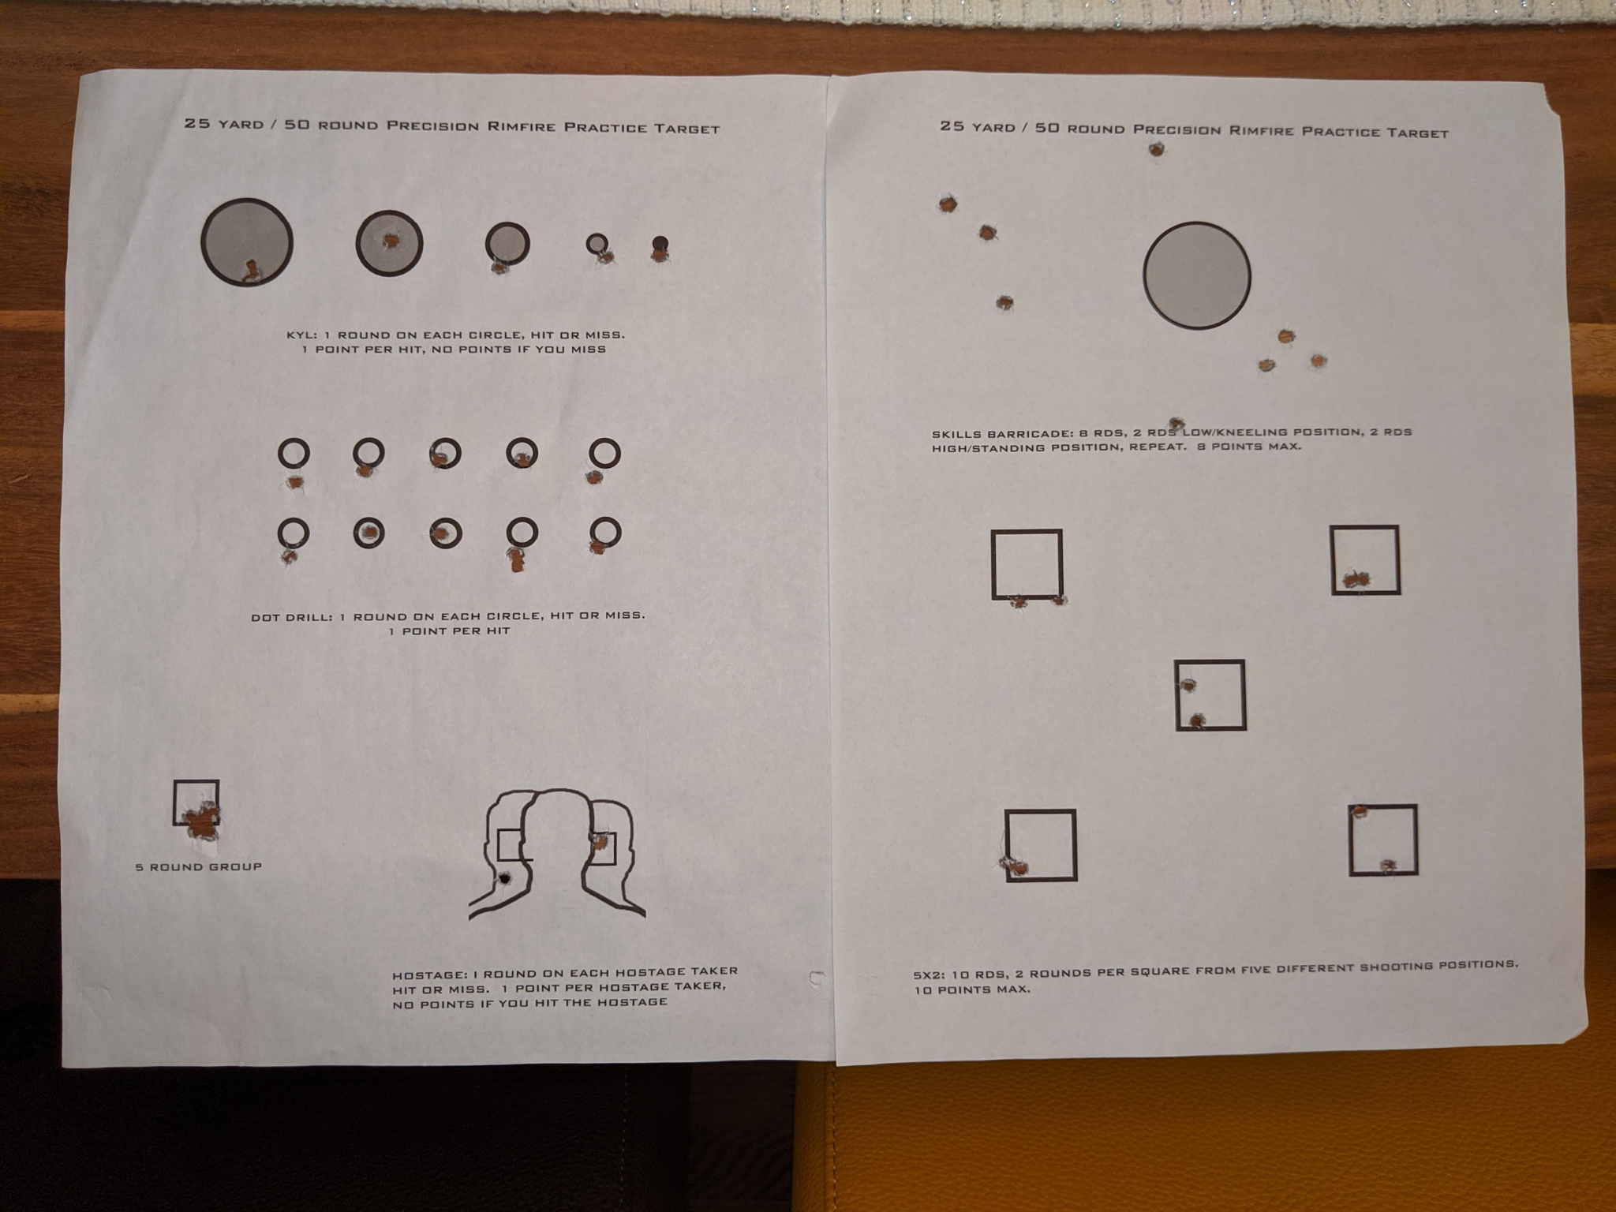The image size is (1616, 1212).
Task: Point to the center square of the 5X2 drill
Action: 1210,662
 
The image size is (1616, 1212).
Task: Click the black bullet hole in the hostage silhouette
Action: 503,878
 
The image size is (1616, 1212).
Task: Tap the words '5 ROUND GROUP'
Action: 198,866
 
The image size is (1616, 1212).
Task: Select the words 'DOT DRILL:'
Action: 291,616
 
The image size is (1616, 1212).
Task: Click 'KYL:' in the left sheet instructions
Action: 301,335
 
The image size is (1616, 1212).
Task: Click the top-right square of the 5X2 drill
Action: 1365,527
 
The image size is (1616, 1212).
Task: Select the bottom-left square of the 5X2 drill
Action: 1041,811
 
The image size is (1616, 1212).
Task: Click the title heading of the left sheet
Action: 452,126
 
